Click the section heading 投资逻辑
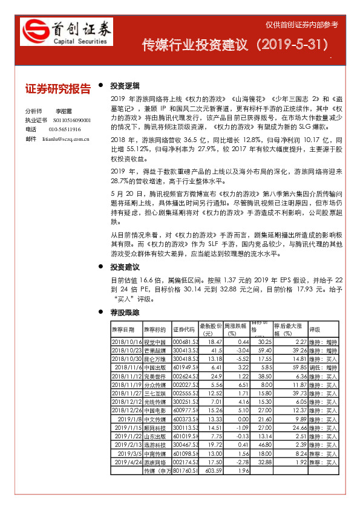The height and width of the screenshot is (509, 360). (x=125, y=85)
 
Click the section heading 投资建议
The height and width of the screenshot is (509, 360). (x=125, y=267)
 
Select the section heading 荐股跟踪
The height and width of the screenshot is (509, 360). (x=125, y=313)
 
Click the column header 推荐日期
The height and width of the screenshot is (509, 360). (x=123, y=329)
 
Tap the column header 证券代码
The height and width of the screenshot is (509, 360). (x=184, y=329)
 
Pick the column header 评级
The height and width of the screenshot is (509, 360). (x=315, y=329)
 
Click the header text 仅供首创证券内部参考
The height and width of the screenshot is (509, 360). (x=302, y=25)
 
